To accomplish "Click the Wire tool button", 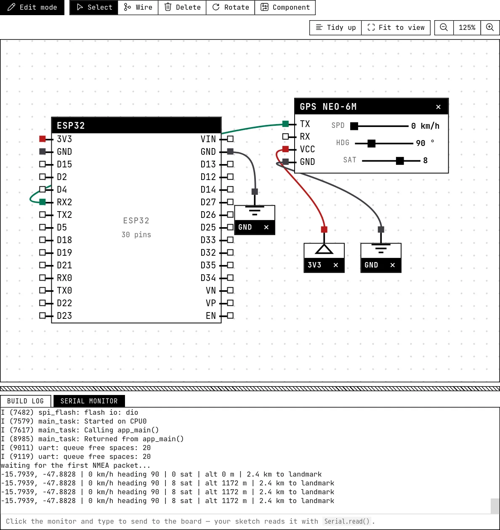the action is click(138, 7).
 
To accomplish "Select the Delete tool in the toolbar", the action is click(182, 7).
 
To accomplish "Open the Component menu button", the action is click(285, 7).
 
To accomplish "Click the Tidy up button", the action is click(335, 27).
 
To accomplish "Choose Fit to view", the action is click(396, 27).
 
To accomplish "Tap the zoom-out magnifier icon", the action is click(444, 27).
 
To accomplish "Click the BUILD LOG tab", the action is click(25, 401).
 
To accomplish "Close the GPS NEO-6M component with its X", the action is click(438, 107).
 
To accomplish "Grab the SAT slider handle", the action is click(400, 161).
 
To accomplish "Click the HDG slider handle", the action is click(371, 143).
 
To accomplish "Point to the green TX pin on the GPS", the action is click(285, 124).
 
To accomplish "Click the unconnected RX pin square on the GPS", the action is click(285, 136).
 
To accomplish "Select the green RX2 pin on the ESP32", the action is click(43, 202).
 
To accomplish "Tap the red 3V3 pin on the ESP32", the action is click(43, 139).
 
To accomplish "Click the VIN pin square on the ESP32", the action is click(230, 139).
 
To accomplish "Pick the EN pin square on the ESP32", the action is click(230, 316).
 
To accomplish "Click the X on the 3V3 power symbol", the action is click(336, 265).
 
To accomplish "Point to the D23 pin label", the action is click(64, 316).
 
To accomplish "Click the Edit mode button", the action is click(32, 7).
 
